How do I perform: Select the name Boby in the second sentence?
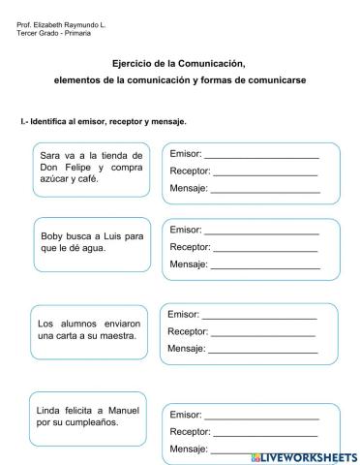coord(53,236)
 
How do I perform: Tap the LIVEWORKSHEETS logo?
coord(303,454)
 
